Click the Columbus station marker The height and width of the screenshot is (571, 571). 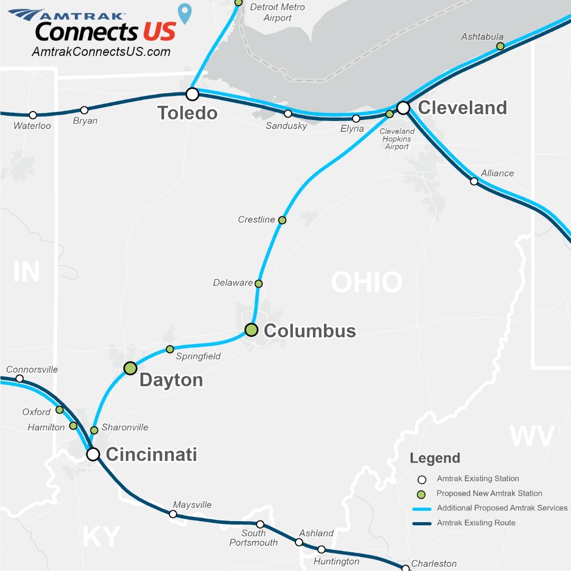tap(251, 330)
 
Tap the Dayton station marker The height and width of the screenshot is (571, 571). tap(130, 368)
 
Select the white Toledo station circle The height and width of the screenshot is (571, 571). tap(193, 94)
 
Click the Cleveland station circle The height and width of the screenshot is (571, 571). tap(403, 108)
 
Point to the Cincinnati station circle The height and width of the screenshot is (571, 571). tap(93, 454)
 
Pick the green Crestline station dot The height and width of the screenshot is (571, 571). tap(282, 220)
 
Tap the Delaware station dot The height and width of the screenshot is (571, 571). tap(259, 283)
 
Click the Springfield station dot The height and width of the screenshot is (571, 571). tap(170, 349)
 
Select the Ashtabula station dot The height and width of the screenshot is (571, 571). tap(500, 46)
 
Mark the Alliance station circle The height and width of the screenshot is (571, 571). tap(474, 181)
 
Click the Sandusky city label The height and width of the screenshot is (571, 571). tap(287, 126)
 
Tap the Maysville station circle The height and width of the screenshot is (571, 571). tap(173, 514)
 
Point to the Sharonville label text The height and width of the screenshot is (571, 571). tap(125, 427)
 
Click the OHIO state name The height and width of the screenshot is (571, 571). tap(366, 282)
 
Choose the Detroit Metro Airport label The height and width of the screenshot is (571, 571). tap(277, 12)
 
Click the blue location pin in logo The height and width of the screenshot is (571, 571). tap(185, 13)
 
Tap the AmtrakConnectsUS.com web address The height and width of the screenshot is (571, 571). tap(101, 52)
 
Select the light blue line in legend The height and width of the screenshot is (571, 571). tap(422, 509)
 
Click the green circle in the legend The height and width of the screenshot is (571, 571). tap(422, 494)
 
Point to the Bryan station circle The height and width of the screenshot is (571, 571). tap(84, 110)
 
